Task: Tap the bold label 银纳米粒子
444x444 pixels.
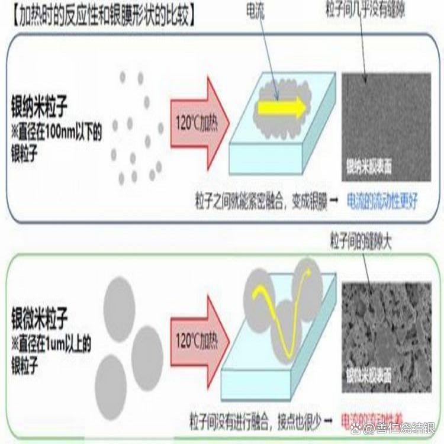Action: click(39, 108)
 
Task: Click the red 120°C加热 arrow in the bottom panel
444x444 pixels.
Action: click(199, 341)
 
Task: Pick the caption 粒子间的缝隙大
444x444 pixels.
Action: click(361, 242)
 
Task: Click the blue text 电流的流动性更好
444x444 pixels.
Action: click(382, 201)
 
